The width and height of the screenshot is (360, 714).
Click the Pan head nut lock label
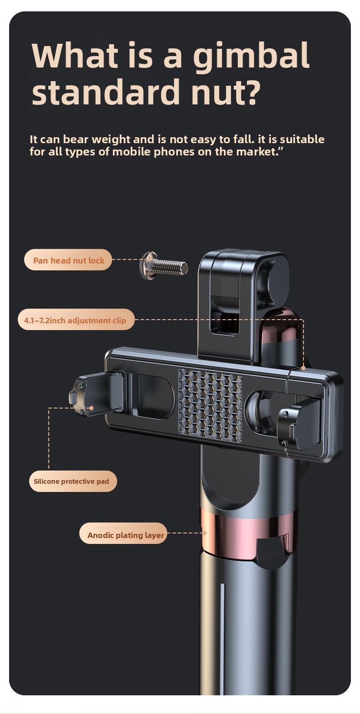68,260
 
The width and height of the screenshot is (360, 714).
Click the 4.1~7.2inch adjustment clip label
76,320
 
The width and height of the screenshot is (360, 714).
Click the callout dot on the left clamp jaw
92,408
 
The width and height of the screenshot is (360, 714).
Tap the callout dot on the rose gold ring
205,533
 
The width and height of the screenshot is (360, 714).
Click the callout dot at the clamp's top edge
303,368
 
